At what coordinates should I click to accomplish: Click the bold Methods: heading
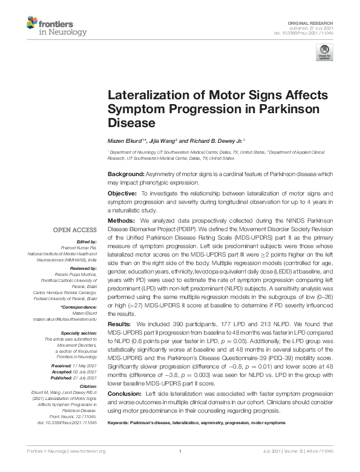(122, 221)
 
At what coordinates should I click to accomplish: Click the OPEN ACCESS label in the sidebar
(76, 231)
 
